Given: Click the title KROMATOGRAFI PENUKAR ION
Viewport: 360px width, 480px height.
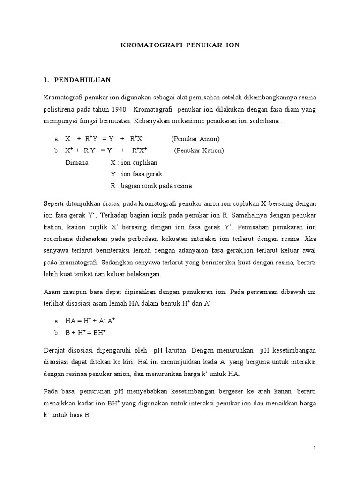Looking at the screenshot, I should click(x=180, y=45).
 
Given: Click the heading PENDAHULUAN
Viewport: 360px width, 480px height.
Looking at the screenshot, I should click(x=82, y=80).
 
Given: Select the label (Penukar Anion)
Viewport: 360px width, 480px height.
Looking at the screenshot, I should click(x=195, y=139).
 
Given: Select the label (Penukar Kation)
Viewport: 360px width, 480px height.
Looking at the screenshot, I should click(x=199, y=150).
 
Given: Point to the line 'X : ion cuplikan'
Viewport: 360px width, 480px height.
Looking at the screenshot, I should click(x=134, y=162).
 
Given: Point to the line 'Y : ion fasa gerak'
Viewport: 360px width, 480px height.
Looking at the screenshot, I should click(x=136, y=174).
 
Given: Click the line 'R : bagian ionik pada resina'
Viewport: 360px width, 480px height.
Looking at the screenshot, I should click(x=151, y=186).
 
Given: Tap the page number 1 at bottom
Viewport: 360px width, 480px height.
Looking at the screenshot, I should click(x=315, y=449).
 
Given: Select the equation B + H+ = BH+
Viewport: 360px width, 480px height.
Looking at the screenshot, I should click(x=86, y=332).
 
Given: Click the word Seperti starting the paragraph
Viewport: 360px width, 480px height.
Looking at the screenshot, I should click(x=54, y=204).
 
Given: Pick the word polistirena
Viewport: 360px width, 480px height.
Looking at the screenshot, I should click(x=60, y=110).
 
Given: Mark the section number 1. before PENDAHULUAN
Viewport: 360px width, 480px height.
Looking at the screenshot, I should click(x=46, y=80).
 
